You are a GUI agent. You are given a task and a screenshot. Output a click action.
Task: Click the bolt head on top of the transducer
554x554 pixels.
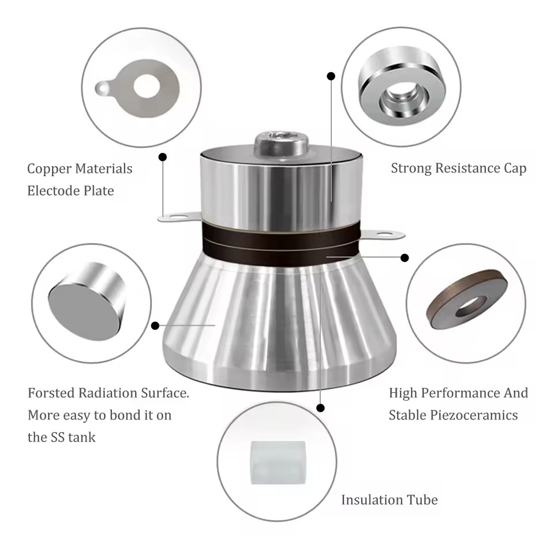click(x=281, y=144)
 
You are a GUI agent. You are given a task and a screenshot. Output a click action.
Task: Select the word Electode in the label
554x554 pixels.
click(x=53, y=191)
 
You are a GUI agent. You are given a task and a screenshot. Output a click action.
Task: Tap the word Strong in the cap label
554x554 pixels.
click(x=411, y=169)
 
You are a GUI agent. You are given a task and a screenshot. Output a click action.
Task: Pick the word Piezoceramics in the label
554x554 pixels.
click(x=474, y=415)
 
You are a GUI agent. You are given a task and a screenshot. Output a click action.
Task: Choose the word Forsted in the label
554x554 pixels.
click(x=51, y=393)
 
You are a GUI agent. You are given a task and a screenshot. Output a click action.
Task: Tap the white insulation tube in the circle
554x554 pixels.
click(x=278, y=462)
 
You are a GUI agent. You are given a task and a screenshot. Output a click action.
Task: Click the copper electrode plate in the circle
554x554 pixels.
click(x=138, y=88)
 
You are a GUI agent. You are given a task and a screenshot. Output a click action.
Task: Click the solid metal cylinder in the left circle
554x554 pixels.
click(x=87, y=304)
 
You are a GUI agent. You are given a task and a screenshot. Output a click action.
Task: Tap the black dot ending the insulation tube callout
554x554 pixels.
click(x=320, y=408)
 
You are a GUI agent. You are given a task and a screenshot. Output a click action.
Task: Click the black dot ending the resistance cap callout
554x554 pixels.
click(x=331, y=76)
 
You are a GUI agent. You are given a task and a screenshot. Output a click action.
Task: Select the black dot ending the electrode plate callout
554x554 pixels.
click(x=163, y=157)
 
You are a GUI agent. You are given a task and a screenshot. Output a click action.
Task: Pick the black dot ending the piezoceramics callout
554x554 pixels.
click(x=405, y=257)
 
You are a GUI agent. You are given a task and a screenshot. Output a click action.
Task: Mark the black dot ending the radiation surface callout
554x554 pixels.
click(x=155, y=325)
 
